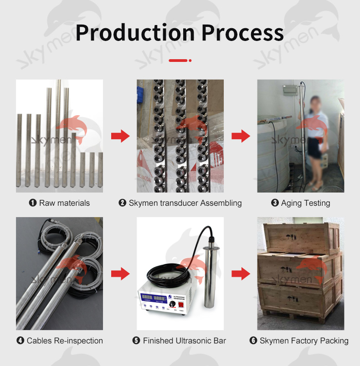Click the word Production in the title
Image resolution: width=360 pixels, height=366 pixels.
click(135, 33)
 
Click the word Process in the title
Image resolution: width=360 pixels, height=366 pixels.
click(243, 33)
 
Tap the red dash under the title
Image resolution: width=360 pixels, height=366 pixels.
click(178, 60)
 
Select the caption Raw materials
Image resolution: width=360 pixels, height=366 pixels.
click(64, 203)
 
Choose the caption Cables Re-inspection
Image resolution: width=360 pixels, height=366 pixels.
click(64, 341)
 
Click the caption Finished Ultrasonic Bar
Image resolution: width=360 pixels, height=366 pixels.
click(184, 341)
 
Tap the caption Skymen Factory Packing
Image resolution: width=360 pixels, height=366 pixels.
click(304, 341)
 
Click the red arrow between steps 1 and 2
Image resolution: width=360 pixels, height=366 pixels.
click(120, 136)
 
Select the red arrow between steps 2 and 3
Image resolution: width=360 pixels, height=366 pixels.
click(241, 136)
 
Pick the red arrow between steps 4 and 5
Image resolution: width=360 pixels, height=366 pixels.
click(120, 274)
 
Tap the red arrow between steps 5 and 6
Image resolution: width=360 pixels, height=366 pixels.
click(241, 274)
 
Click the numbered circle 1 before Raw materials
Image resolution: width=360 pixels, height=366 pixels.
click(33, 203)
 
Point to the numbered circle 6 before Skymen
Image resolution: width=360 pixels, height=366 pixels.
click(253, 341)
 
